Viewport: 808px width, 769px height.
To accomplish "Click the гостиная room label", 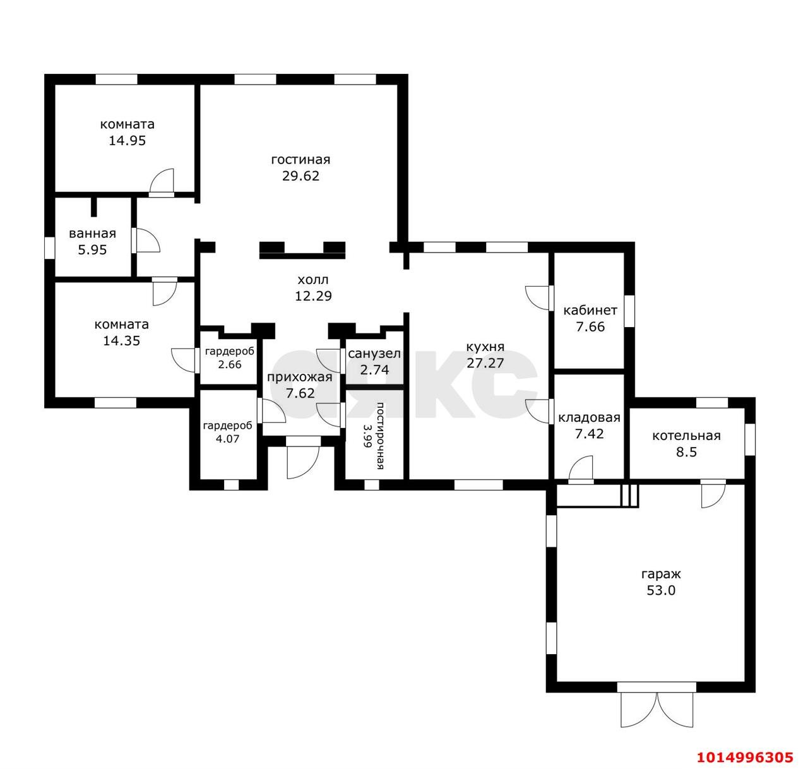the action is click(x=300, y=159).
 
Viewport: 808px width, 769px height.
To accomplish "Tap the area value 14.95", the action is click(x=127, y=141).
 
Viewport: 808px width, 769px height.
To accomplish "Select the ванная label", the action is click(x=92, y=234).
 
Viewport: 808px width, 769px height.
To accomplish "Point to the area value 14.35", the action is click(x=122, y=340).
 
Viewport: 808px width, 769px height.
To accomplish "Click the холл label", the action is click(x=313, y=280).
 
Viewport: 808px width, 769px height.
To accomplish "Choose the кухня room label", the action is click(x=485, y=347).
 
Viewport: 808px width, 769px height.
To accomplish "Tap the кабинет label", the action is click(x=590, y=310).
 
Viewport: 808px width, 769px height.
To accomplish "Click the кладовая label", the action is click(x=589, y=418).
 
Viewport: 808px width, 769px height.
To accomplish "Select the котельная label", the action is click(x=686, y=436).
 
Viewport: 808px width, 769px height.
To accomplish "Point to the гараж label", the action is click(x=661, y=574).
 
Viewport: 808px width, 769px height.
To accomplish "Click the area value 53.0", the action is click(x=661, y=590).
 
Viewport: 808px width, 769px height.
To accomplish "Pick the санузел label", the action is click(x=374, y=354).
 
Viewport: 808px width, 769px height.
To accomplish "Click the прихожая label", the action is click(x=300, y=377).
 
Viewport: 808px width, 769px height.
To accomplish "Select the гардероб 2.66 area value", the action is click(x=230, y=364).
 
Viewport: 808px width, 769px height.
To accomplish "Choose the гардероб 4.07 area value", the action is click(x=227, y=438).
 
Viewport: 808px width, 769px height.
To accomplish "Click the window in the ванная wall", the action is click(x=49, y=247).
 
